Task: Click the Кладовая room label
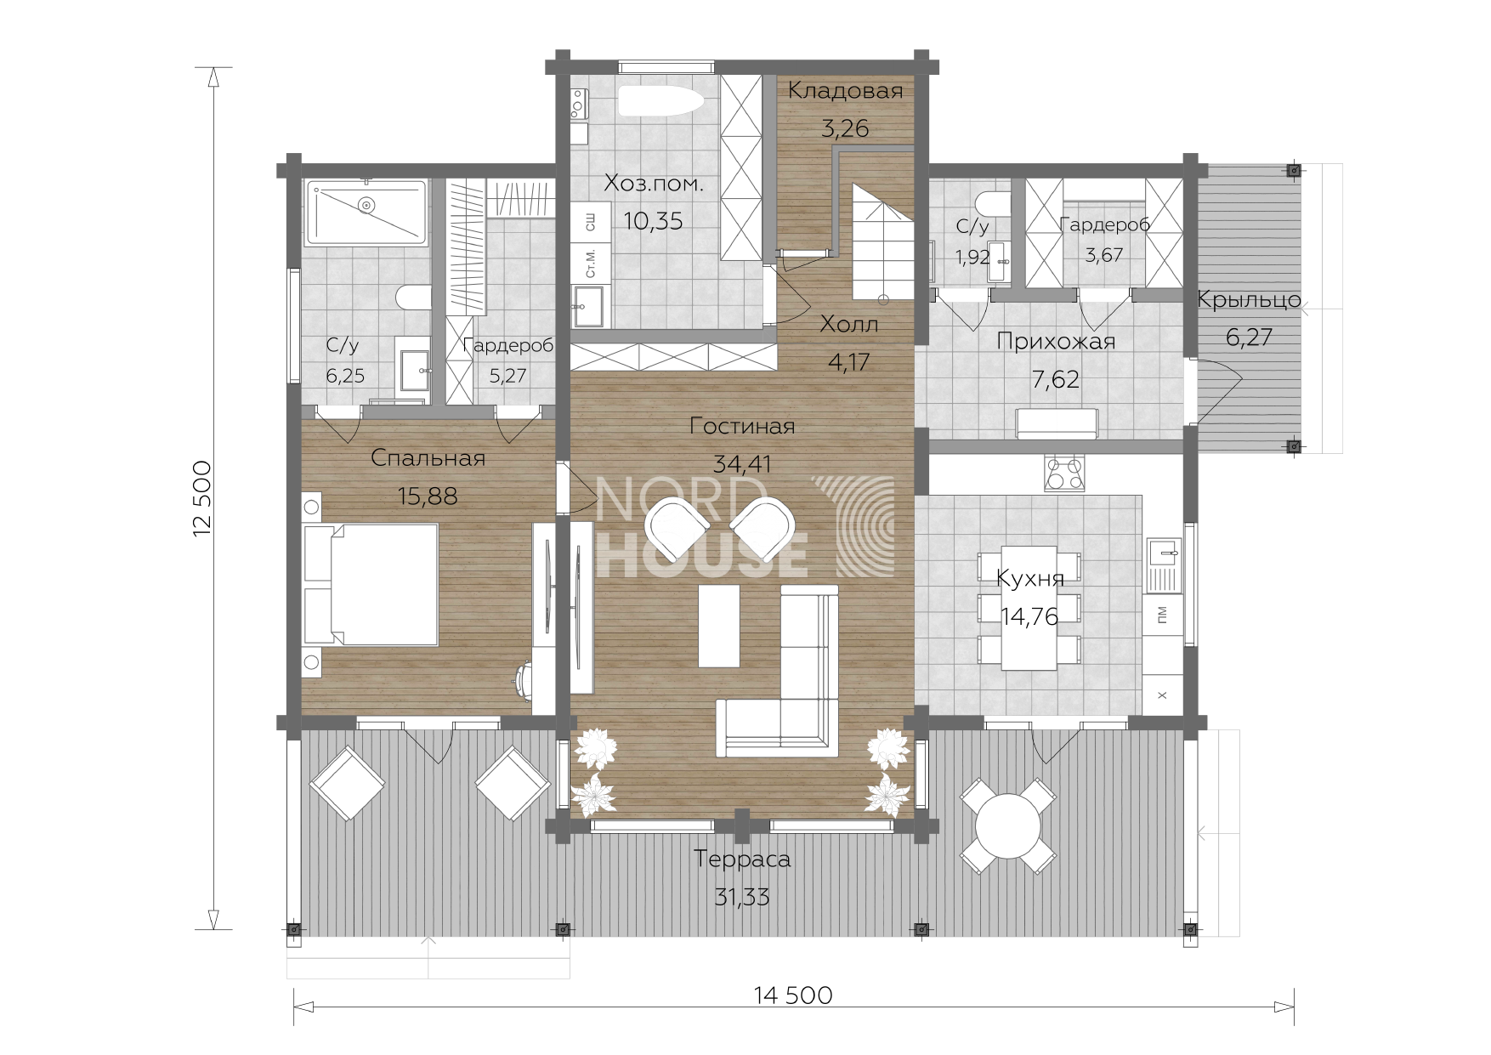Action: click(x=845, y=91)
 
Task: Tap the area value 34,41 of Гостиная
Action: click(x=741, y=464)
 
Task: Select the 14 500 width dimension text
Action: click(x=792, y=995)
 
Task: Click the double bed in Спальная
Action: click(x=371, y=585)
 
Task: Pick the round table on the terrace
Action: click(x=1008, y=825)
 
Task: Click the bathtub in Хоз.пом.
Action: click(x=660, y=102)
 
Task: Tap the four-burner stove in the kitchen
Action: click(x=1065, y=473)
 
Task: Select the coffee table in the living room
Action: click(x=719, y=626)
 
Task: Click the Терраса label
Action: click(x=742, y=859)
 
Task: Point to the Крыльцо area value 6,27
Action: click(x=1249, y=337)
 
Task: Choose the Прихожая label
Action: click(x=1055, y=342)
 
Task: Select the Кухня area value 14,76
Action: click(x=1029, y=617)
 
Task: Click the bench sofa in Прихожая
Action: click(x=1058, y=423)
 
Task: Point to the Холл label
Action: click(x=849, y=325)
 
